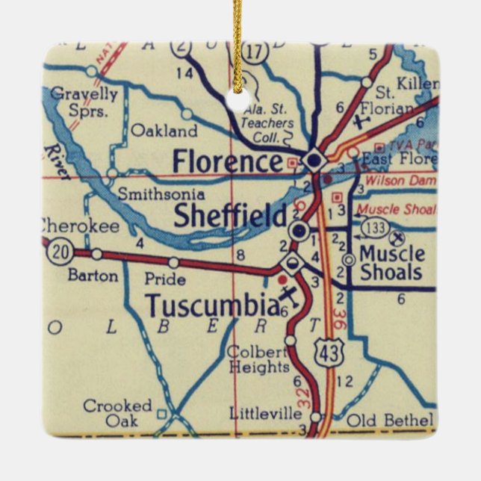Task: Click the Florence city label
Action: (228, 161)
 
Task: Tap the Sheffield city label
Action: (230, 216)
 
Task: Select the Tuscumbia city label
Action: (213, 305)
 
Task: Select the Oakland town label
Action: (164, 131)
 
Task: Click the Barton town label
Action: (93, 276)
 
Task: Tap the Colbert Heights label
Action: (258, 359)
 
